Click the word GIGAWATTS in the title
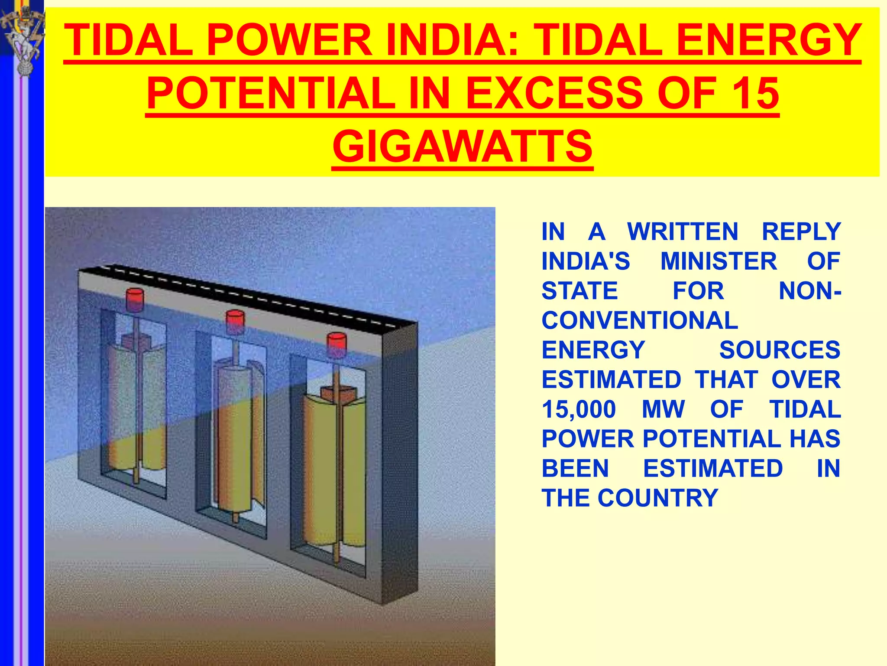pyautogui.click(x=462, y=147)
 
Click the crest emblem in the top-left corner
pyautogui.click(x=22, y=37)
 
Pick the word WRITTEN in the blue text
pyautogui.click(x=683, y=232)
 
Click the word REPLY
pyautogui.click(x=801, y=232)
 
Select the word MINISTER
pyautogui.click(x=719, y=261)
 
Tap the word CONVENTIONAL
pyautogui.click(x=640, y=320)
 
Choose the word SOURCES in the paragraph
pyautogui.click(x=780, y=350)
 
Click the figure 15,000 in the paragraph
pyautogui.click(x=579, y=409)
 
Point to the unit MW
pyautogui.click(x=663, y=409)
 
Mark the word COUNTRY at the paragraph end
pyautogui.click(x=658, y=498)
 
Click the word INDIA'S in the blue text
pyautogui.click(x=586, y=261)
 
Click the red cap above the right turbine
pyautogui.click(x=337, y=344)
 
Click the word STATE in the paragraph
pyautogui.click(x=579, y=291)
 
